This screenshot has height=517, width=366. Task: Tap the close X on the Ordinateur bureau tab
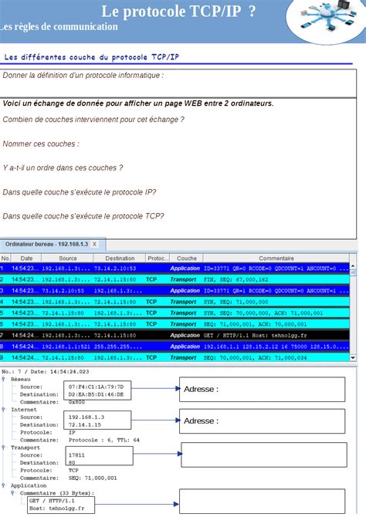pyautogui.click(x=94, y=244)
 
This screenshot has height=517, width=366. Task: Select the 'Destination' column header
pyautogui.click(x=120, y=258)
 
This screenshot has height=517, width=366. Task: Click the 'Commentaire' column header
pyautogui.click(x=276, y=258)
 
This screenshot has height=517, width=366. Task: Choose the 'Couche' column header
pyautogui.click(x=186, y=258)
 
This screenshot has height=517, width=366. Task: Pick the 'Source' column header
pyautogui.click(x=68, y=258)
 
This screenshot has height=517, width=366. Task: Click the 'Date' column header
pyautogui.click(x=26, y=258)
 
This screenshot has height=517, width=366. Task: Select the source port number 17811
pyautogui.click(x=76, y=455)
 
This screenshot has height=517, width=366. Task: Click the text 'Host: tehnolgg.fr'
pyautogui.click(x=56, y=509)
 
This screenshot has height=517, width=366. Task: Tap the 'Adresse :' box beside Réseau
pyautogui.click(x=262, y=389)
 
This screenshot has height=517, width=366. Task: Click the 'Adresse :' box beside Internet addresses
pyautogui.click(x=262, y=421)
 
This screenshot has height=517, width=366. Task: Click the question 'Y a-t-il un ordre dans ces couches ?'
pyautogui.click(x=63, y=167)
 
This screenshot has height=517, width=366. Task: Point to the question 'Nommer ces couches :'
pyautogui.click(x=41, y=144)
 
